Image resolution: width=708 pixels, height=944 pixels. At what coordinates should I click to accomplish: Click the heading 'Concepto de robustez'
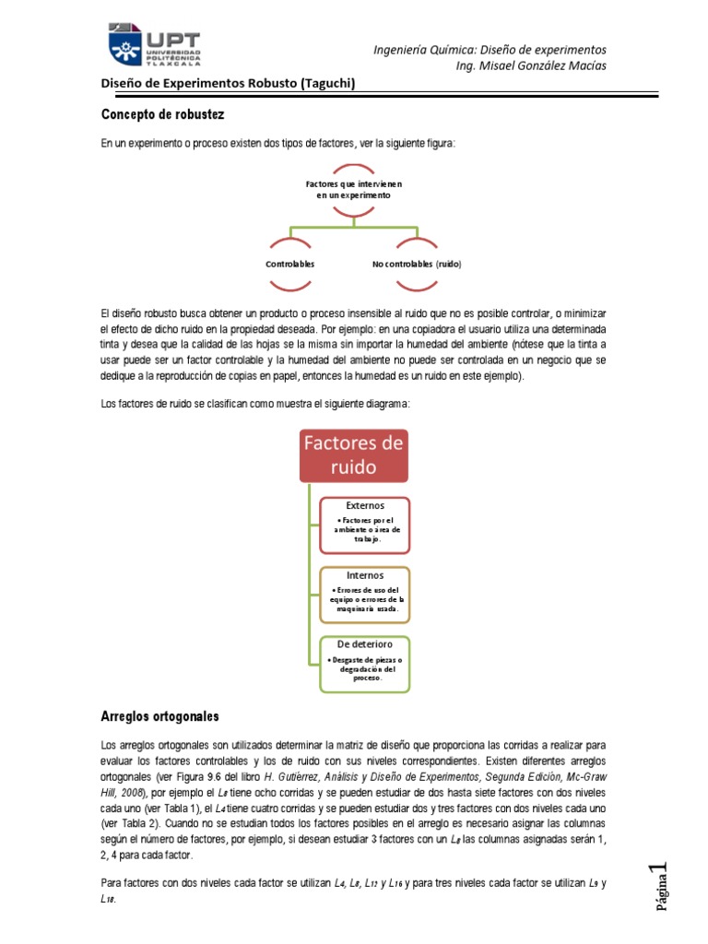coord(162,114)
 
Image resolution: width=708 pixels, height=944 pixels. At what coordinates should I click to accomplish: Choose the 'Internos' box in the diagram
coord(365,593)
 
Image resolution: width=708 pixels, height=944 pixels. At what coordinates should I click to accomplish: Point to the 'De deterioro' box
coord(365,663)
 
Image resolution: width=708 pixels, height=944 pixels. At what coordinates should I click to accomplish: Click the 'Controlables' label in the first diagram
coord(290,264)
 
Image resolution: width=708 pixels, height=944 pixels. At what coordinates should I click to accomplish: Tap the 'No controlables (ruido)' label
coord(417,264)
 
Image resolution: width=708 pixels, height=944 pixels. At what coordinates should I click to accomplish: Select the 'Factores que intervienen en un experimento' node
coord(354,190)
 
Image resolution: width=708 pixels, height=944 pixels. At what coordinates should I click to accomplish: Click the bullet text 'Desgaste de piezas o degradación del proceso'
coord(366,669)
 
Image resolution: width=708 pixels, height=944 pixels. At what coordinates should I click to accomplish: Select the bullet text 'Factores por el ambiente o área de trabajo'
coord(366,531)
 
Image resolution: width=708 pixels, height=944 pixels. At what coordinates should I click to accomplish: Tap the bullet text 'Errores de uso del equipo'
coord(366,599)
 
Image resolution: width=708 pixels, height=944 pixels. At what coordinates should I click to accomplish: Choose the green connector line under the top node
coord(354,225)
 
